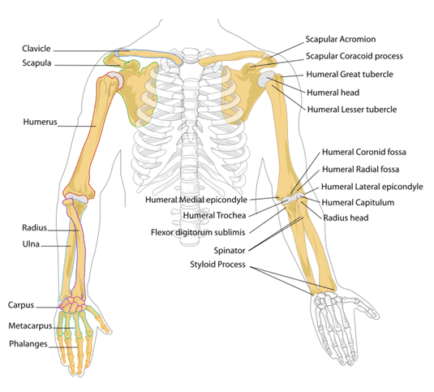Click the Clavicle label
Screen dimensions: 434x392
(x=37, y=49)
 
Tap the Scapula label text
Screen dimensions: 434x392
(x=37, y=63)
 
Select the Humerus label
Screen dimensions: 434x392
(x=40, y=122)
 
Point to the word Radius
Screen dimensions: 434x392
(x=35, y=228)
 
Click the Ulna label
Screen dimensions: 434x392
(x=31, y=244)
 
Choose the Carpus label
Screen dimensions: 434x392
(x=21, y=305)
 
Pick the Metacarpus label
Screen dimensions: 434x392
(x=30, y=325)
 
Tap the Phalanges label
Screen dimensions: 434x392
(x=28, y=344)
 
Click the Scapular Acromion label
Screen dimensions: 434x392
(x=341, y=39)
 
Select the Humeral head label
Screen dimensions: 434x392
(x=333, y=93)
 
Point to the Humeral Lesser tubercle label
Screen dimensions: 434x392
(x=352, y=110)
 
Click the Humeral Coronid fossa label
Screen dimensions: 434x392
(x=364, y=152)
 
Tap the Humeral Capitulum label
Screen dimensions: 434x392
(x=358, y=202)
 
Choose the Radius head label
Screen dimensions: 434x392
(x=346, y=218)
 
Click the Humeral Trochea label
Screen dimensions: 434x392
(x=214, y=215)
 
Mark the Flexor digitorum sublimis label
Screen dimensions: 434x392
(x=198, y=232)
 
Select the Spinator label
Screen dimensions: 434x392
(x=230, y=251)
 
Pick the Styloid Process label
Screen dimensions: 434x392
(x=217, y=265)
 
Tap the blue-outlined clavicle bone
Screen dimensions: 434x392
(x=149, y=55)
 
